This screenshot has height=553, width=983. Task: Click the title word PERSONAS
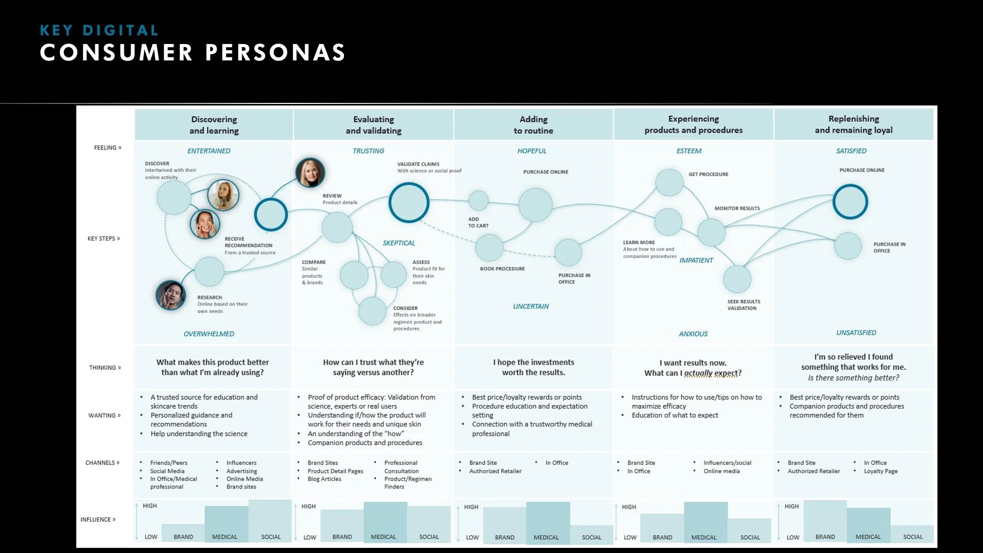(275, 53)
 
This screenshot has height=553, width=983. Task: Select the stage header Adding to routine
(533, 125)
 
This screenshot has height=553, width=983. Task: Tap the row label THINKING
(104, 368)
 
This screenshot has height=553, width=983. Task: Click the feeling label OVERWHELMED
(209, 334)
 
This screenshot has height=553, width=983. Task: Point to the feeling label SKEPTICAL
(399, 243)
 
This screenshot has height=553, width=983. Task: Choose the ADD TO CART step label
(478, 222)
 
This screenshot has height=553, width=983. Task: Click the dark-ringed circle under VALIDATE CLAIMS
(409, 203)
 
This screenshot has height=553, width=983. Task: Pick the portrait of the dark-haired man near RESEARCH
(170, 295)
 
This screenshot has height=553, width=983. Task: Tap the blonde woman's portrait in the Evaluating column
(310, 173)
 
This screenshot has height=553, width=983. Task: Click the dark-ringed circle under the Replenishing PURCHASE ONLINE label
(850, 202)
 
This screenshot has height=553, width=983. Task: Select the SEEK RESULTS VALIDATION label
(743, 305)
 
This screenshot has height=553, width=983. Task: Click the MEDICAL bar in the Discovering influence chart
(226, 523)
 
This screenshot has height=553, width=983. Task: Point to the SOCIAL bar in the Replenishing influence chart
(912, 534)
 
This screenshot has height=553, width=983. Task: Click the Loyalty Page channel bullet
(881, 471)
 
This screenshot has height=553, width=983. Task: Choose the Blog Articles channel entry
(324, 479)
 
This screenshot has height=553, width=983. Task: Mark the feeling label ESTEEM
(689, 151)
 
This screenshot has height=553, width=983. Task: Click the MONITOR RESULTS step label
(737, 208)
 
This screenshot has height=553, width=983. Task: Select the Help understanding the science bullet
(199, 434)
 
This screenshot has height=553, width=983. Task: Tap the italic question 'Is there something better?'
(853, 378)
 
